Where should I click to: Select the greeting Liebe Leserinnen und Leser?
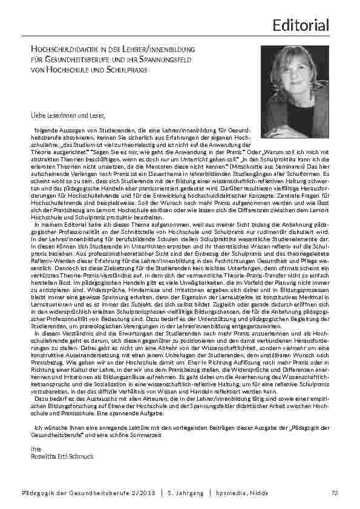tap(59, 114)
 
